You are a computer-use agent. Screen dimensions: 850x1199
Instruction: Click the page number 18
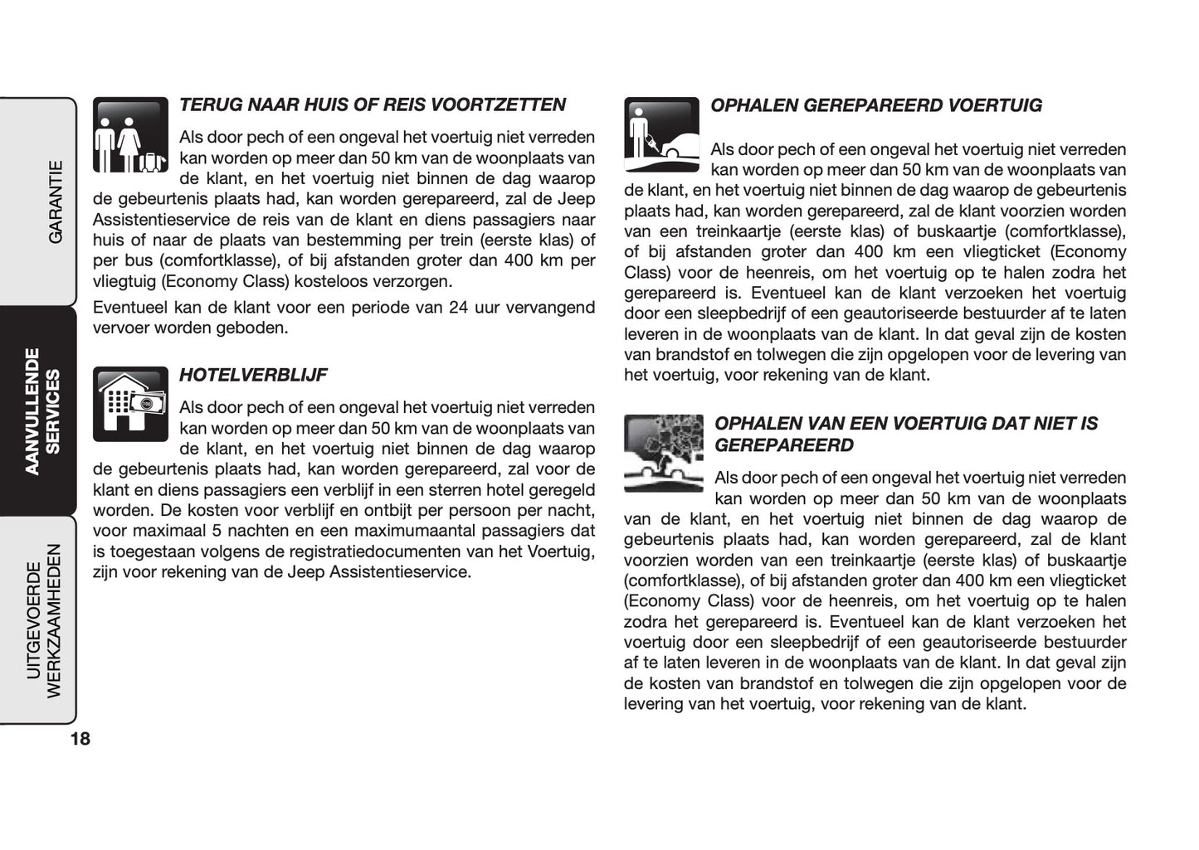tap(80, 739)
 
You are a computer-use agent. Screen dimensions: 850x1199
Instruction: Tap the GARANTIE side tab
tap(55, 202)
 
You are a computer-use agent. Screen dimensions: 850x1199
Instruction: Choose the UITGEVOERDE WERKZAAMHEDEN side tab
tap(43, 620)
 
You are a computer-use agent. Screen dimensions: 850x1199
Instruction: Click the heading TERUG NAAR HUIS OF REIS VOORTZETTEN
tap(372, 105)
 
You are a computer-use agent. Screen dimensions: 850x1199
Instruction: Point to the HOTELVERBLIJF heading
tap(253, 375)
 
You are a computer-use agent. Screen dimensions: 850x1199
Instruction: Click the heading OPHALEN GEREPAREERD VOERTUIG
tap(875, 105)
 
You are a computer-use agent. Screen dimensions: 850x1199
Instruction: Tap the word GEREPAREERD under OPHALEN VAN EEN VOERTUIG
tap(783, 445)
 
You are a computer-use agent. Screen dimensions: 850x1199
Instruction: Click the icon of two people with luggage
tap(130, 135)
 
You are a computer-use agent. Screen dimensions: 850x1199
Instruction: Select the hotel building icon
tap(130, 405)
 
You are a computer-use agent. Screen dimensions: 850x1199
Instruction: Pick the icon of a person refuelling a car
tap(661, 135)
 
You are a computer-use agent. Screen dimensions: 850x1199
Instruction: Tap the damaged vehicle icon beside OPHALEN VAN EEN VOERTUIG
tap(663, 453)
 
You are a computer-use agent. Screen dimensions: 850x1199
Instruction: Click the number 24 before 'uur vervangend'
tap(458, 308)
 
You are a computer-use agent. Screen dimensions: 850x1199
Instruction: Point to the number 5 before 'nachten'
tap(217, 531)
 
